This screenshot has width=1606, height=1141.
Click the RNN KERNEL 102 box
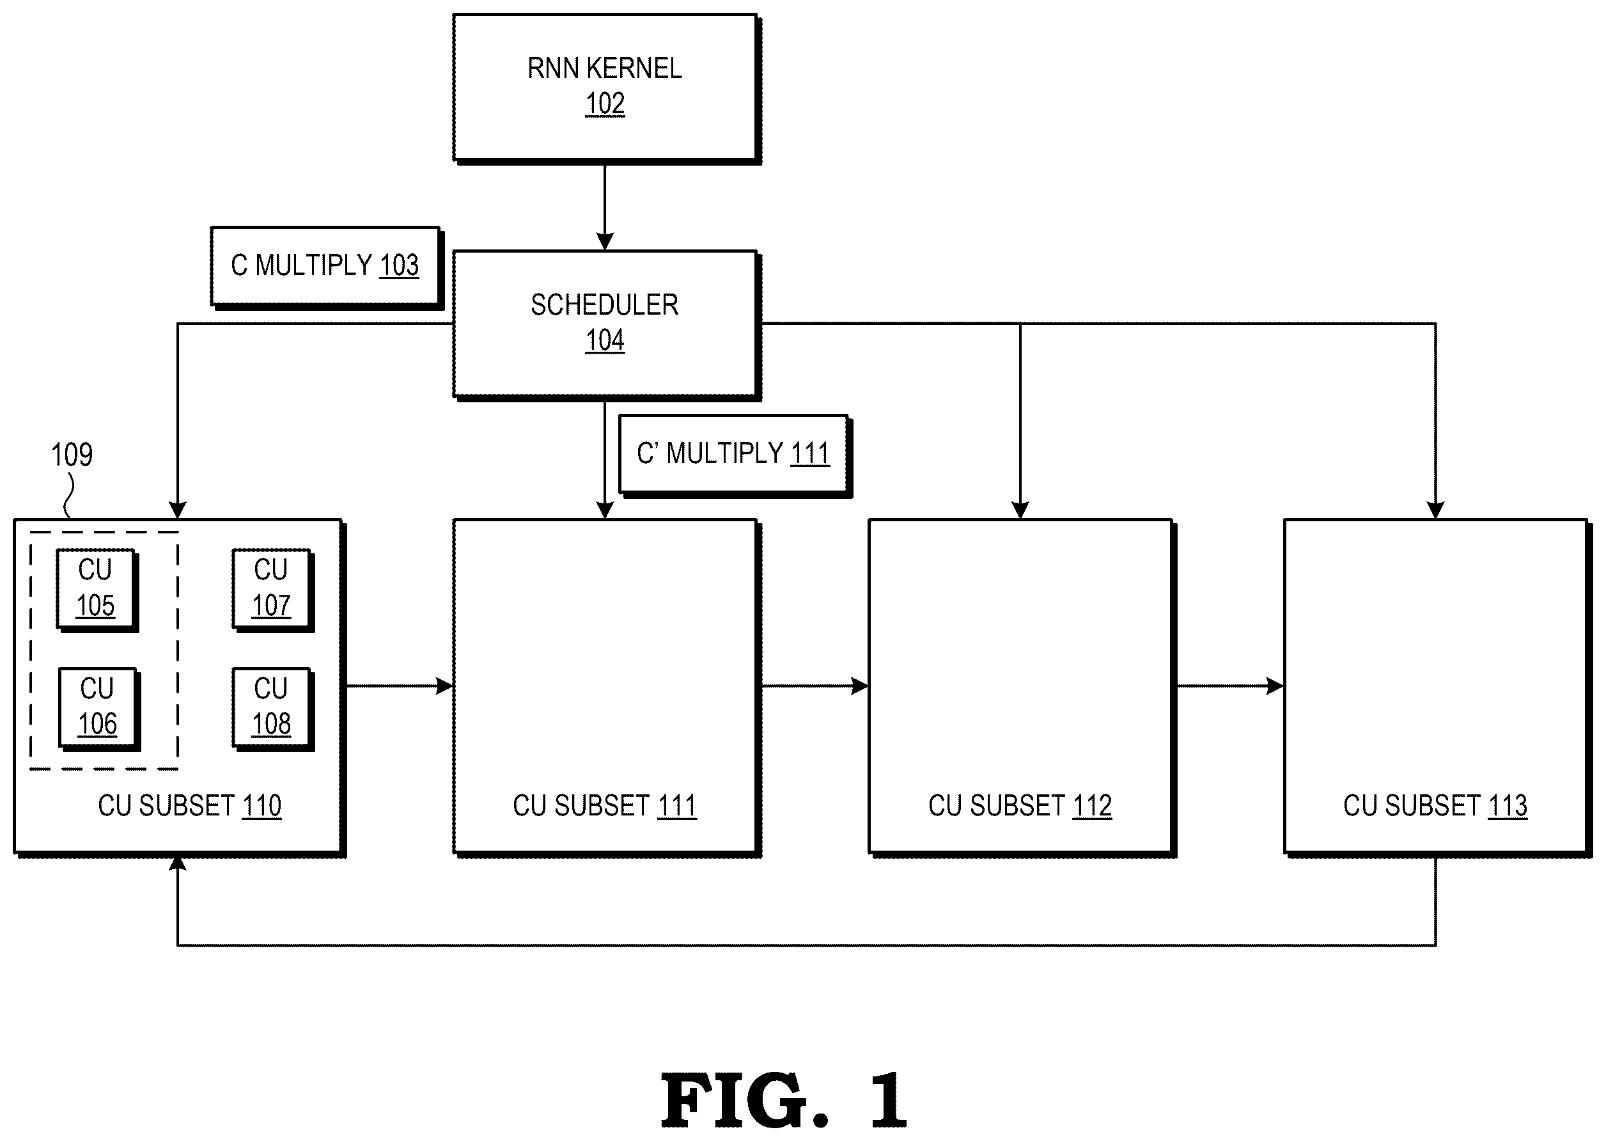[x=606, y=88]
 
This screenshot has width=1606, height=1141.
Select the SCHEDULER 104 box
[x=606, y=325]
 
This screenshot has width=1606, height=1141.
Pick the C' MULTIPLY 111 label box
[x=735, y=455]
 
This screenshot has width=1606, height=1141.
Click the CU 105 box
[x=97, y=590]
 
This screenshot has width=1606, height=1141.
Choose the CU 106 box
[x=98, y=709]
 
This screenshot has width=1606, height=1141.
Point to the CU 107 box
[x=273, y=590]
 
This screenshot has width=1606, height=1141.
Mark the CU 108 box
[x=273, y=709]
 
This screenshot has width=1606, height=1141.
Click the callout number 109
[x=72, y=455]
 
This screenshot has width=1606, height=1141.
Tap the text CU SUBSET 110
[x=190, y=805]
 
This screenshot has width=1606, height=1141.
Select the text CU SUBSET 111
[x=605, y=805]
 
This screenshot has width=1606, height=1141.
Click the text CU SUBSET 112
[x=1020, y=805]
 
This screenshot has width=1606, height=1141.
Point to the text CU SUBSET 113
[x=1435, y=805]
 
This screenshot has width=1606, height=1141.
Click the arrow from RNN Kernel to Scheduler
[x=605, y=207]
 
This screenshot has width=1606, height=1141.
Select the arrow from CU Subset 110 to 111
[x=400, y=686]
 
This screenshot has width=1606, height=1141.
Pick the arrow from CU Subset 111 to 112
[x=815, y=686]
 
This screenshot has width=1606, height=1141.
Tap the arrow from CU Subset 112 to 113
[x=1230, y=686]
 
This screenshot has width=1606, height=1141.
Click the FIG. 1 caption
[x=784, y=1099]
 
